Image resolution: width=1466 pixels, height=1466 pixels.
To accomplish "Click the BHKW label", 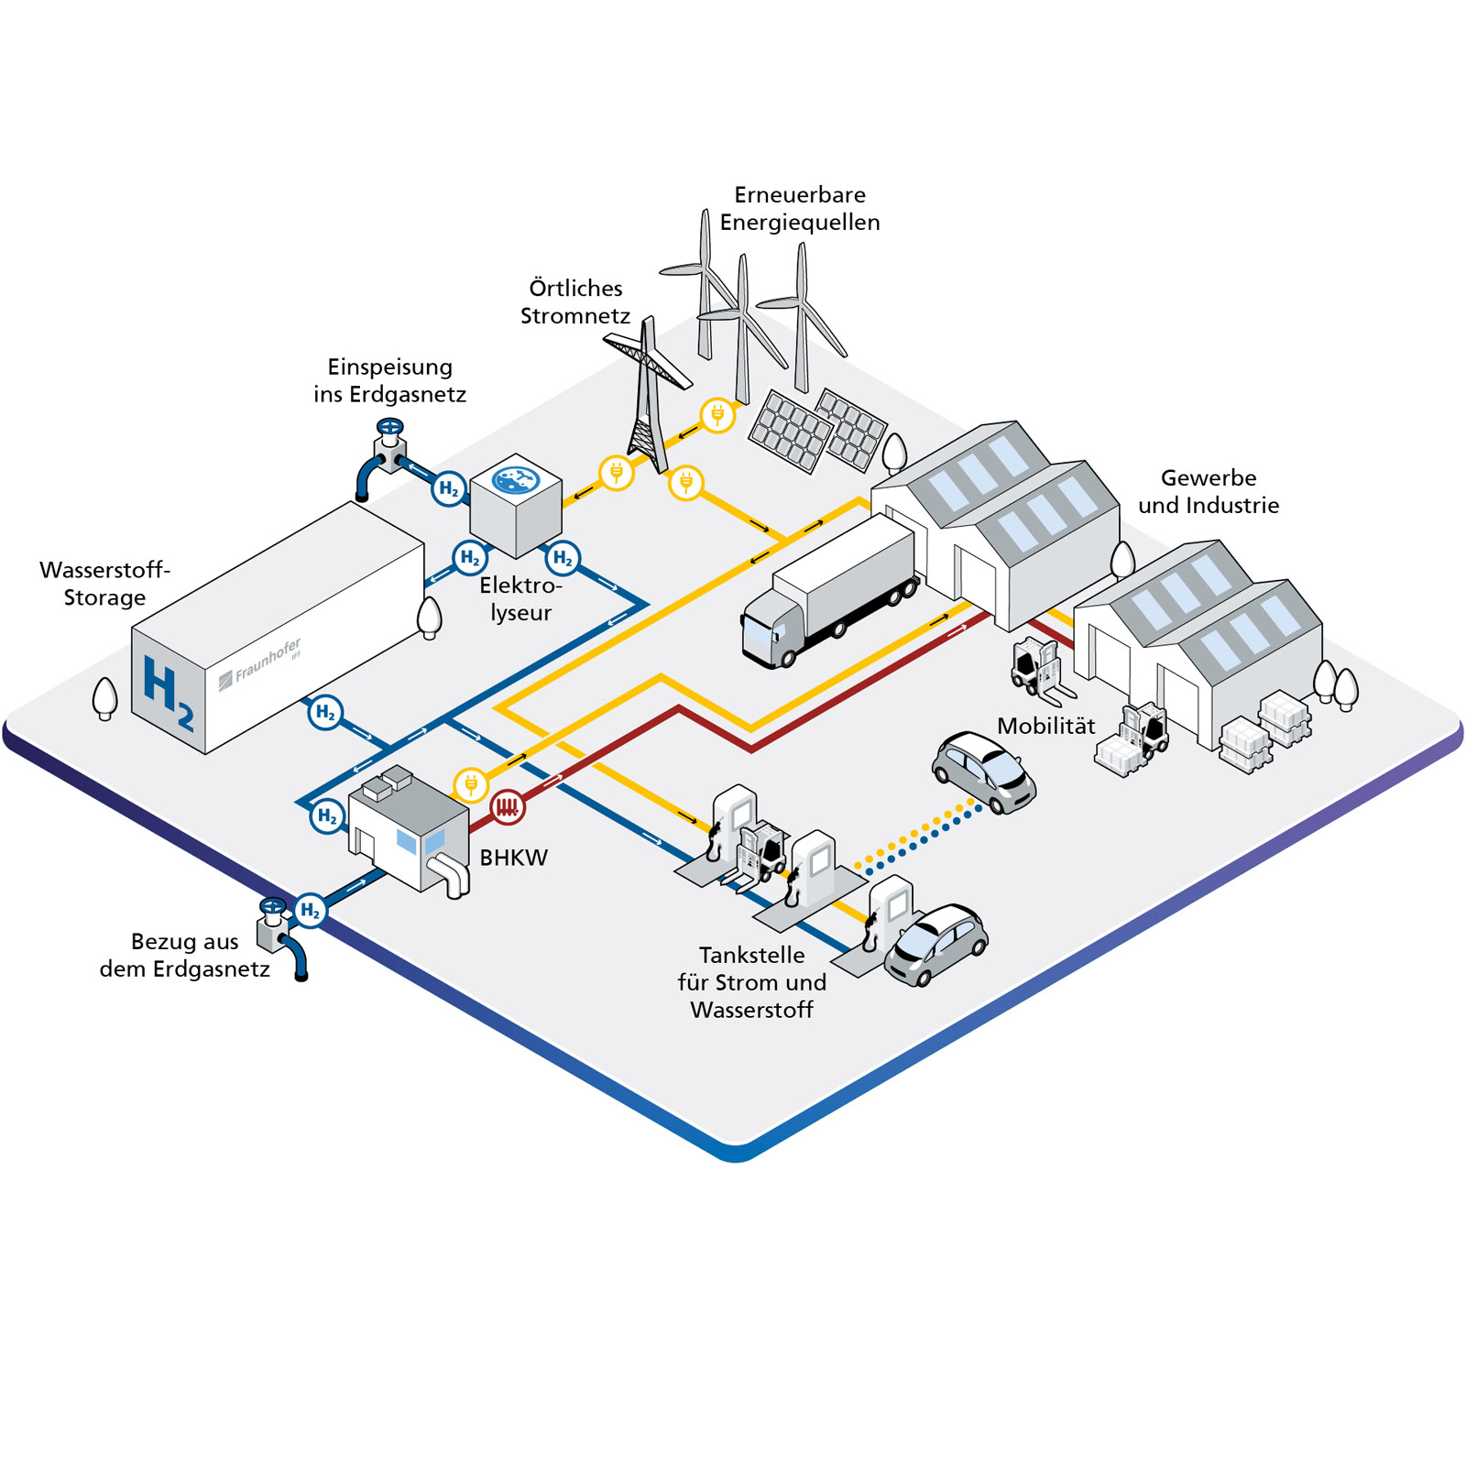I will [513, 858].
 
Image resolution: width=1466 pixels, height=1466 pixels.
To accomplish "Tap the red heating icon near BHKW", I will [507, 807].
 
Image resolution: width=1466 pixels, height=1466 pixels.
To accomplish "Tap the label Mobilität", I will [1045, 726].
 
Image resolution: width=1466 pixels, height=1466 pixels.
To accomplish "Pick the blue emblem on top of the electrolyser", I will [516, 479].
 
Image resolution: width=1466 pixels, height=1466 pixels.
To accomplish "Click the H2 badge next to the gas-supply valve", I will [311, 910].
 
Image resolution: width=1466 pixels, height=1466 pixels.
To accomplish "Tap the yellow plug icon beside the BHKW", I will [471, 785].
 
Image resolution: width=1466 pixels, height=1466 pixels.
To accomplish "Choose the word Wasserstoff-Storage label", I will [104, 584].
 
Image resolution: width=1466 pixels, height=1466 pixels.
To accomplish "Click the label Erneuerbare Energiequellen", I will [799, 208].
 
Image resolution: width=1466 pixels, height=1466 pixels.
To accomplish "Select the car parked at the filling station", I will [935, 944].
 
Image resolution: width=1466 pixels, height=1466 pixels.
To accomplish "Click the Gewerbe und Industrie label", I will [1208, 491].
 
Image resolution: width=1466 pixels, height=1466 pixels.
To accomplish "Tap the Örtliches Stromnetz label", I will [575, 301].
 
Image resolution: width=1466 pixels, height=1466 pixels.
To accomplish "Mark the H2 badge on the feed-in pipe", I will [449, 488].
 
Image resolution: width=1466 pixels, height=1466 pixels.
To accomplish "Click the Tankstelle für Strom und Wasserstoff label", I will [751, 982].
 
